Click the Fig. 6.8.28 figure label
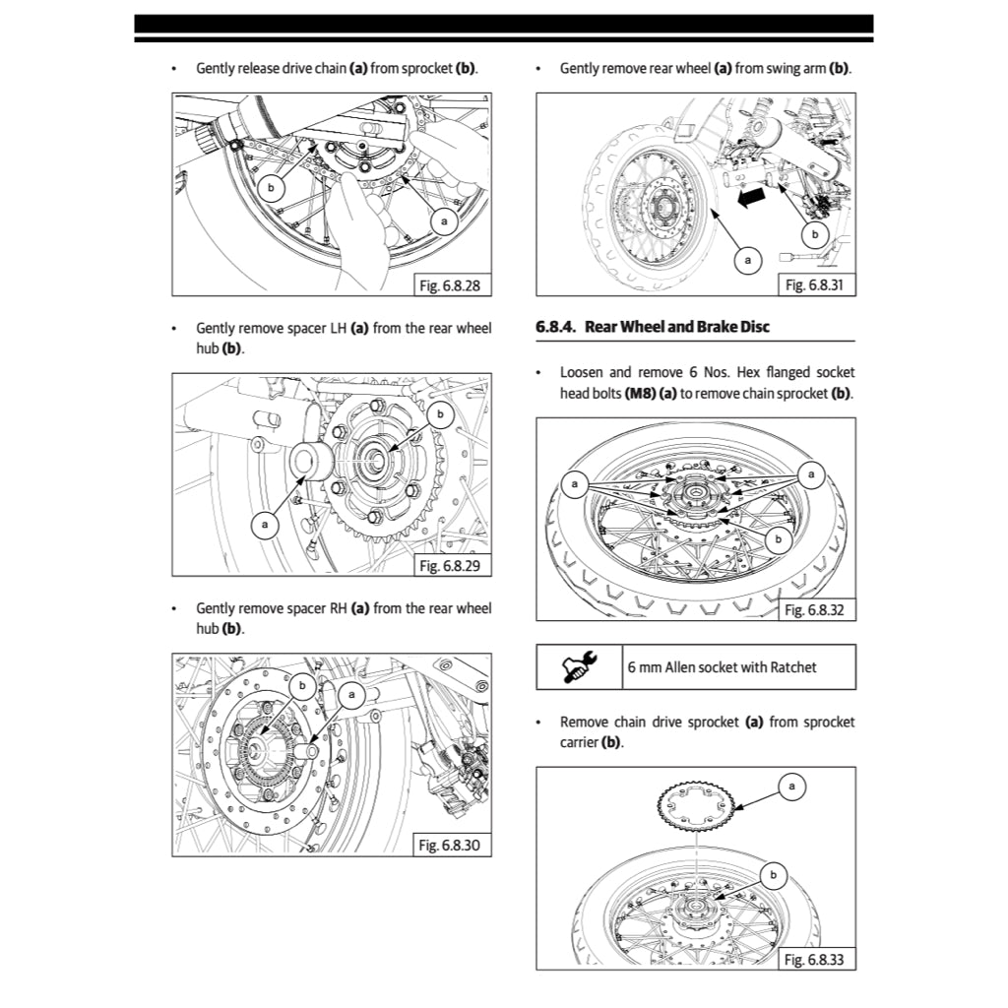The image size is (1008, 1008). coord(450,286)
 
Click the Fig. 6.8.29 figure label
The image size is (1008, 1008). coord(450,566)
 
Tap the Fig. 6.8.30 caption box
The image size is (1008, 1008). coord(450,846)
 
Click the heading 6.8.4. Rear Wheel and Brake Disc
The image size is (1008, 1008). coord(653,327)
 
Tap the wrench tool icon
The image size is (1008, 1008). coord(578,667)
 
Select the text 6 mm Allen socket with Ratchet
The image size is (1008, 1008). coord(723,667)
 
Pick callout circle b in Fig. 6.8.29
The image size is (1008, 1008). coord(440,414)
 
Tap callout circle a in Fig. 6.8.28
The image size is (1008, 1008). coord(444,222)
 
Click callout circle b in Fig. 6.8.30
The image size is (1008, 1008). coord(303,685)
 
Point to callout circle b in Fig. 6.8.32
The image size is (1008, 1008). coord(778,538)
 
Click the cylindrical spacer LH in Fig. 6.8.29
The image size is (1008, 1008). coord(309,460)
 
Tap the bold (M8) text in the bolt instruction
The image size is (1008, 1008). coord(641,393)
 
